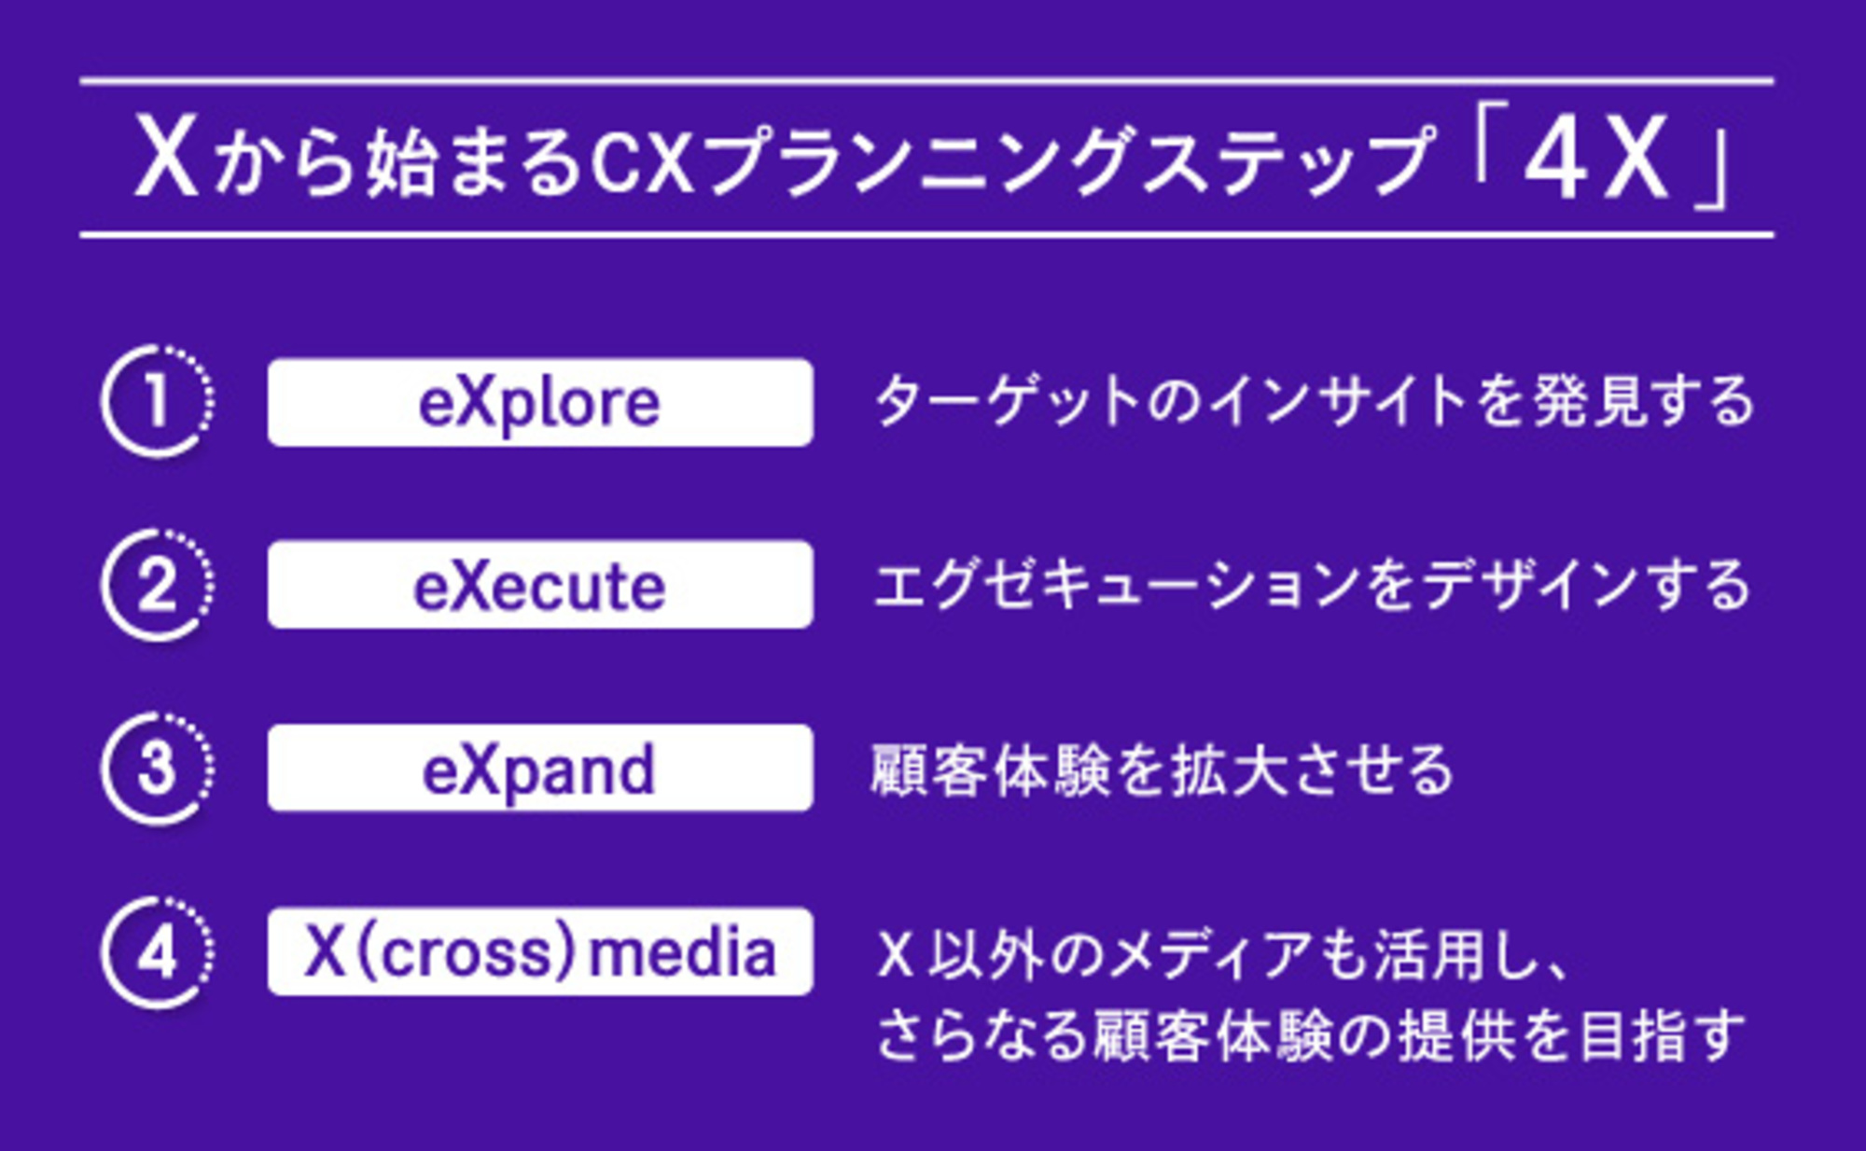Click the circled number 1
point(157,401)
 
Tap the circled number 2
point(157,585)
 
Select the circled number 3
point(157,769)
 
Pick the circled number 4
point(157,952)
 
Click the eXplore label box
point(540,402)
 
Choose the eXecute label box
point(540,585)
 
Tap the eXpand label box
point(540,769)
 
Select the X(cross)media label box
point(540,952)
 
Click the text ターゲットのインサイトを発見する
point(1314,402)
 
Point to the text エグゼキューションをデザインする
point(1311,586)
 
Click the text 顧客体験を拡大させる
point(1162,770)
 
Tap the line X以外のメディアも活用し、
point(1222,955)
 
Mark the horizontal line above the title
point(926,81)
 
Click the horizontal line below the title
point(926,235)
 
